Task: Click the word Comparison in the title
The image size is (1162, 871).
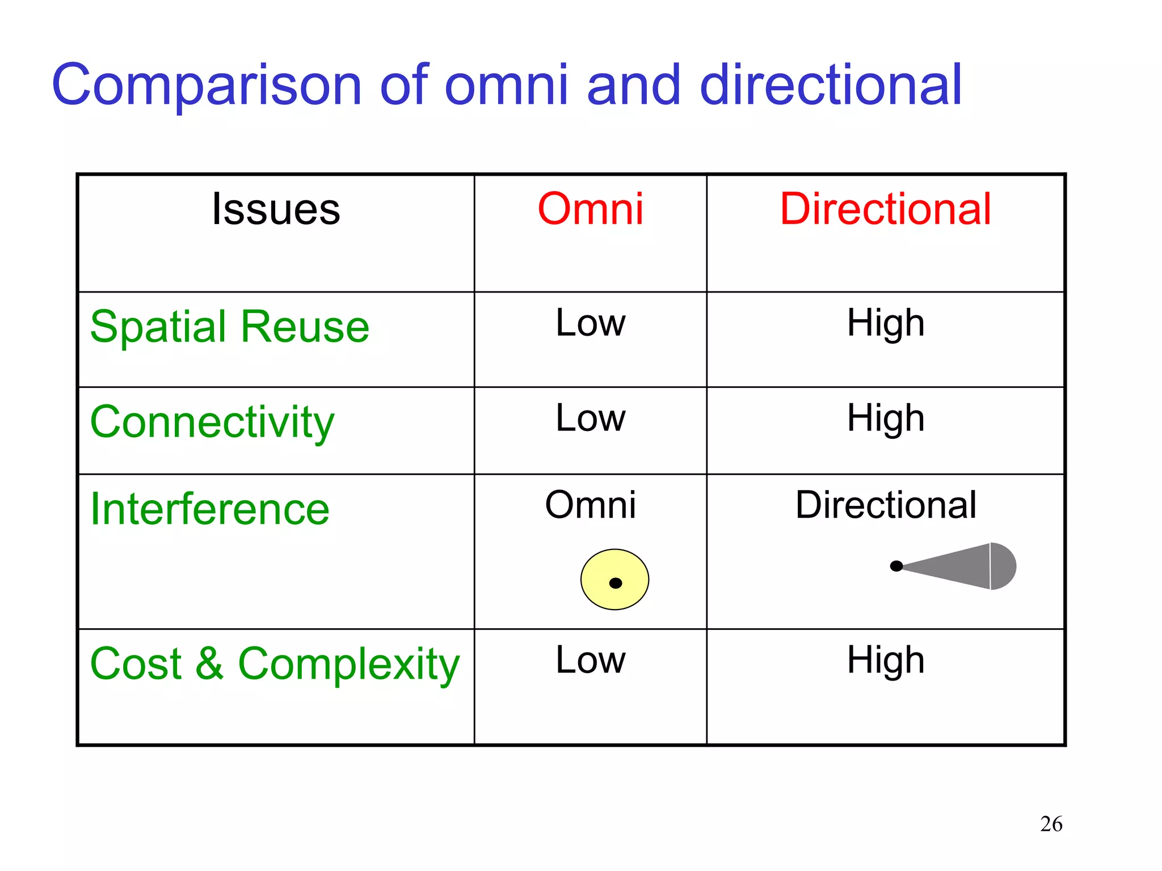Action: point(207,86)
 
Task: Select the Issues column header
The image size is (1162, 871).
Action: point(276,209)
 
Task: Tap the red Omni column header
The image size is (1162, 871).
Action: point(590,209)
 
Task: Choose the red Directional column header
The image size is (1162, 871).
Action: point(885,209)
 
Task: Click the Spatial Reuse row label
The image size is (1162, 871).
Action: point(230,327)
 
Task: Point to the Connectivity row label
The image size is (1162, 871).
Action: point(212,422)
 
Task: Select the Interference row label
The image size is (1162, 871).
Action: point(210,509)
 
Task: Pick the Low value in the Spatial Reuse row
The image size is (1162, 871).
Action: point(590,323)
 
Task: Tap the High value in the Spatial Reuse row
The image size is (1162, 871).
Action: point(885,324)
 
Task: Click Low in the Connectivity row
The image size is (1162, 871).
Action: point(590,418)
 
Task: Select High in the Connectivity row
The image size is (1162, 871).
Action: point(885,419)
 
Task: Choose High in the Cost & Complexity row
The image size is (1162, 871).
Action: point(885,661)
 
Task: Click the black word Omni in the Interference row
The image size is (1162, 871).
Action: point(590,504)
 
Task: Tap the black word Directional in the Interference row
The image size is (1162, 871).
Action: point(885,504)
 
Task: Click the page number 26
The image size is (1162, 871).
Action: point(1051,823)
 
